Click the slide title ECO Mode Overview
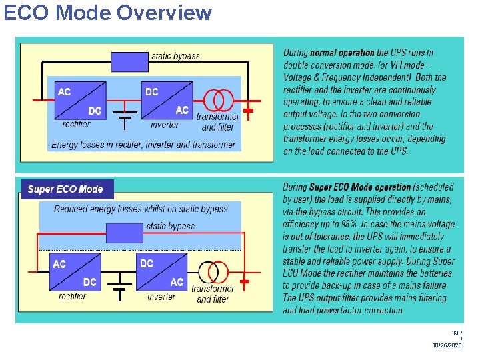coord(108,13)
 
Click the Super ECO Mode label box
coord(66,189)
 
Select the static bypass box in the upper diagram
coord(129,61)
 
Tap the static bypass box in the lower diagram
coord(125,233)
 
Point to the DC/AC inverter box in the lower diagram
coord(162,273)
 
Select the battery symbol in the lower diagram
coord(120,287)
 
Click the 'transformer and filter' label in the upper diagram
coord(218,122)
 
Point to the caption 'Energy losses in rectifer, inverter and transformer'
coord(143,144)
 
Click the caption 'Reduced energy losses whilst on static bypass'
coord(141,209)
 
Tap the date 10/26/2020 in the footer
coord(447,345)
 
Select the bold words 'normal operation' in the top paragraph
coord(342,53)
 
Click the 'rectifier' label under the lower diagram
coord(73,296)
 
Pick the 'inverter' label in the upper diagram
coord(165,125)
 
